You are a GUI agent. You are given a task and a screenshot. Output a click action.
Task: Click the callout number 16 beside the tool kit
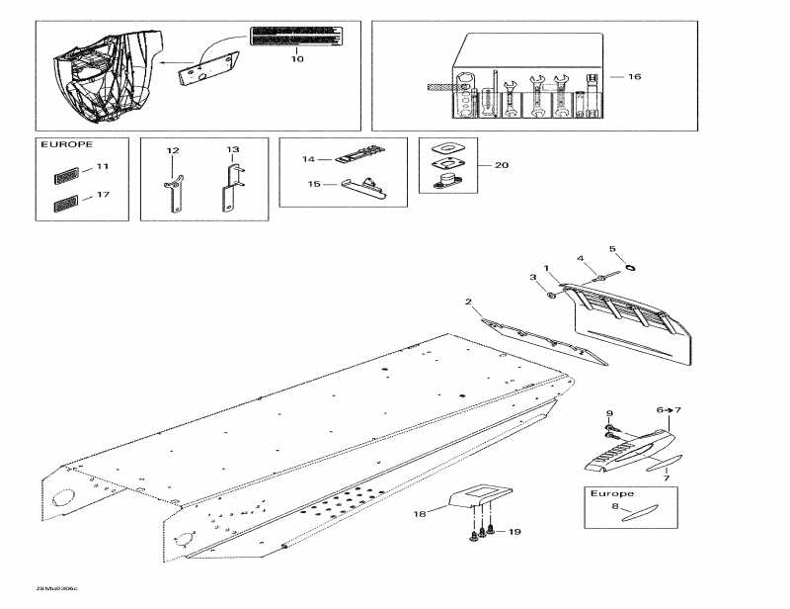click(x=634, y=76)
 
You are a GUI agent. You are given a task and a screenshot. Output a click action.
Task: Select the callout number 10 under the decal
click(x=297, y=59)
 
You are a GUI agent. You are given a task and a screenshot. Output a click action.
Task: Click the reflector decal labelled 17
click(x=61, y=207)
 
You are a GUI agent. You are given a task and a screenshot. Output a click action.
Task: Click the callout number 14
click(x=308, y=158)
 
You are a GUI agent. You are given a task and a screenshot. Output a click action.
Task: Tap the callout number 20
click(x=502, y=165)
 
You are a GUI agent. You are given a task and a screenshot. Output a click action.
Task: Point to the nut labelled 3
click(x=552, y=294)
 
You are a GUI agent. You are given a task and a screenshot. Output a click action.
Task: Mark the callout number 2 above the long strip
click(x=468, y=301)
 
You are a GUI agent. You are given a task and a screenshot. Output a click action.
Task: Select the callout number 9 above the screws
click(x=609, y=413)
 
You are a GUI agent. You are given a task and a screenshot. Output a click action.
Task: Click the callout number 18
click(x=419, y=514)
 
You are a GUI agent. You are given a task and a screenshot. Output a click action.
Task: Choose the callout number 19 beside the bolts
click(x=513, y=533)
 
